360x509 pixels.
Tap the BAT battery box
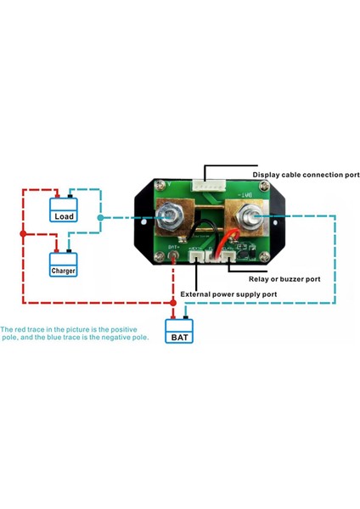(180, 337)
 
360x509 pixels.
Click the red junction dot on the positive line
(23, 233)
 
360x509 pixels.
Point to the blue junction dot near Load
(101, 217)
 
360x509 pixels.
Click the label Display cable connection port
(306, 175)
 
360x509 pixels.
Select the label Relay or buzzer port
(284, 278)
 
